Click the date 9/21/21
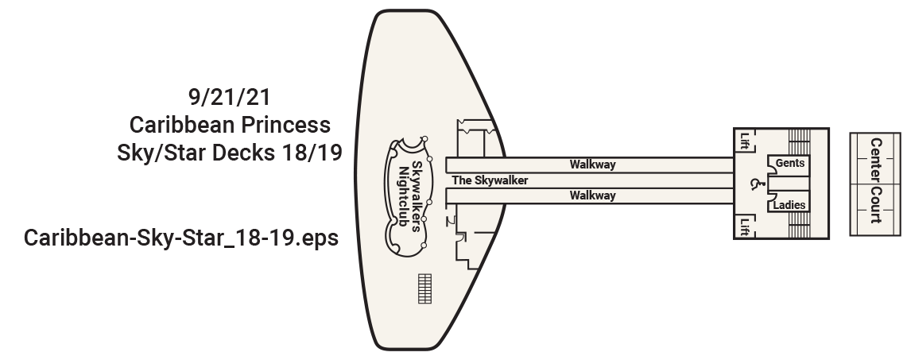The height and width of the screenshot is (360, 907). pos(231,99)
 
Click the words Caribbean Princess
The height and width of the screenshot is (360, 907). pos(229,125)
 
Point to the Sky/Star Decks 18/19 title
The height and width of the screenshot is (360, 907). pos(229,152)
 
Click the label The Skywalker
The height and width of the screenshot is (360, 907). pos(490,180)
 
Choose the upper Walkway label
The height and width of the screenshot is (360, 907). pos(592,165)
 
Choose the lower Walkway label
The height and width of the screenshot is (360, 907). pos(592,195)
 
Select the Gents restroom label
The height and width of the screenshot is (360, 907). pos(790,163)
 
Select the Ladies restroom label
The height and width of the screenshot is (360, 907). pos(790,205)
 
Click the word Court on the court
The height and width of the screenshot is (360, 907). pos(875,205)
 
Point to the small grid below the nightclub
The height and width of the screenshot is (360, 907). pos(424,288)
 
